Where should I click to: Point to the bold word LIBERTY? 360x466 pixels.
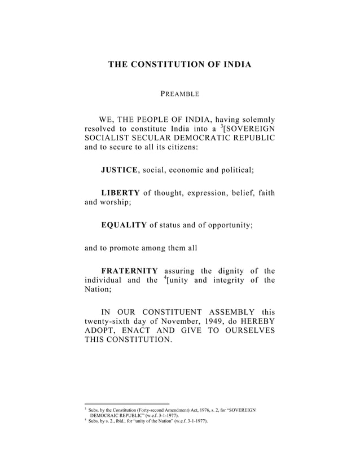pyautogui.click(x=120, y=193)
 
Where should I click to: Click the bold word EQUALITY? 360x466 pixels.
pyautogui.click(x=124, y=225)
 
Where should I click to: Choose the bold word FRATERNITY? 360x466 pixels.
pyautogui.click(x=129, y=270)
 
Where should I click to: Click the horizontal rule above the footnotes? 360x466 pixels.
pyautogui.click(x=126, y=403)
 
